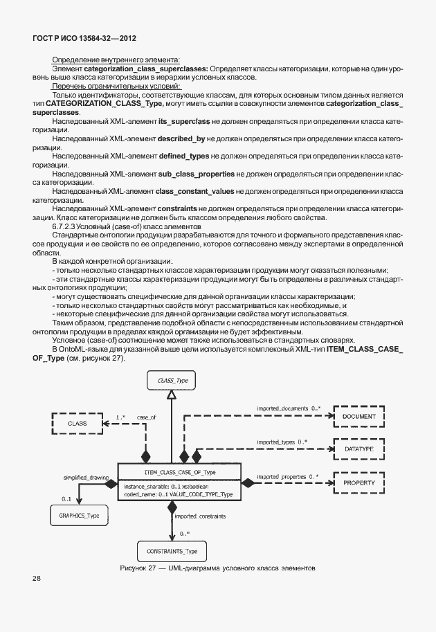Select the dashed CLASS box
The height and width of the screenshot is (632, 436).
tap(76, 422)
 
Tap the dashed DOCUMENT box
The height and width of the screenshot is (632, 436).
tap(358, 416)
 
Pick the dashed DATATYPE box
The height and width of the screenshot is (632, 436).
tap(358, 449)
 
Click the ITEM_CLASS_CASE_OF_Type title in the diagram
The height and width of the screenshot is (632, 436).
tap(179, 471)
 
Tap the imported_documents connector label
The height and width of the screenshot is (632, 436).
tap(285, 408)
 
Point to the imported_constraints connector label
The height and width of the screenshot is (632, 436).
tap(199, 516)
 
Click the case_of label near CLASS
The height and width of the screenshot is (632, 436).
tap(146, 417)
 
